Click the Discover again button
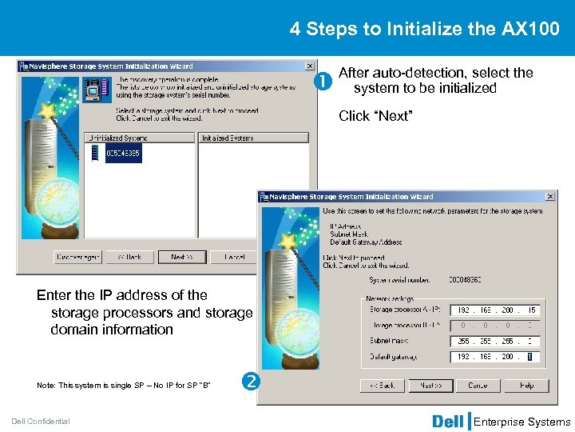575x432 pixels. click(77, 257)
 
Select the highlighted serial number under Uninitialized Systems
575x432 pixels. click(122, 153)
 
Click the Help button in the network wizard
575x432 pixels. click(526, 385)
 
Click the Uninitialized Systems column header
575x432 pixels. click(140, 138)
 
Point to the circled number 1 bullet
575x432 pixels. click(324, 80)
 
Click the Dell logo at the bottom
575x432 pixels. click(448, 421)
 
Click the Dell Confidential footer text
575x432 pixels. click(41, 422)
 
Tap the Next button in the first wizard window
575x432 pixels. click(181, 257)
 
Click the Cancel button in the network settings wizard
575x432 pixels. click(478, 385)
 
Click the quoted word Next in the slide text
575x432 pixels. click(393, 117)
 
